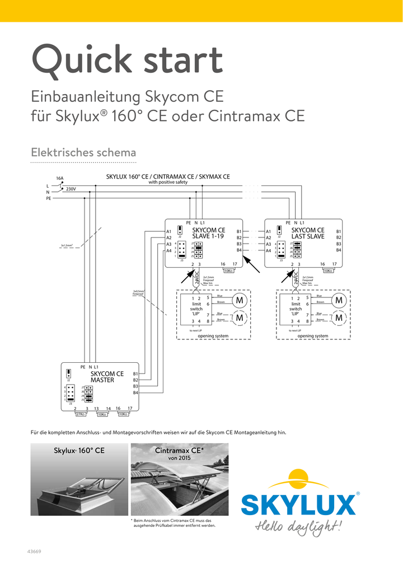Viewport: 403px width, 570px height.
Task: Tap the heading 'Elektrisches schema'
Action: click(x=83, y=152)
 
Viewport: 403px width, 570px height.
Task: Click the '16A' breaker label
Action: click(x=59, y=179)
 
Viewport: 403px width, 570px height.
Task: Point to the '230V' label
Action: click(x=71, y=189)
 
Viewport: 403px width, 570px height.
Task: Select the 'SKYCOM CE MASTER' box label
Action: click(x=107, y=377)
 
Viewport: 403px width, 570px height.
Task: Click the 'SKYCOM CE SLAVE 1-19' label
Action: click(x=208, y=233)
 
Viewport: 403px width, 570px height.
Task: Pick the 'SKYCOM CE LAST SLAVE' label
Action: click(x=308, y=233)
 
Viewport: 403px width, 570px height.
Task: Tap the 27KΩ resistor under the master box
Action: click(x=80, y=414)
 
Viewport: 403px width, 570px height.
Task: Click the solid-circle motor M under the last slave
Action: click(x=339, y=301)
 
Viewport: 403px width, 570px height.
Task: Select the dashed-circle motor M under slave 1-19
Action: click(x=240, y=317)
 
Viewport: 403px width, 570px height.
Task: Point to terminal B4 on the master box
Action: click(x=135, y=393)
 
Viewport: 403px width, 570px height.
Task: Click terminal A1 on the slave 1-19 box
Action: click(x=168, y=231)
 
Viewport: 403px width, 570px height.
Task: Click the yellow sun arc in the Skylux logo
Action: click(x=298, y=481)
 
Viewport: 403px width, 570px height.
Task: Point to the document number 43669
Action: click(x=34, y=551)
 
